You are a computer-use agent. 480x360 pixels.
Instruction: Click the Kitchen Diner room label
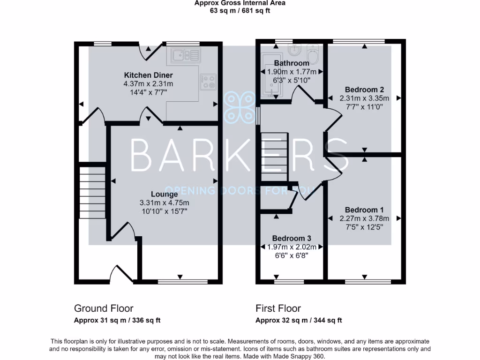pos(148,75)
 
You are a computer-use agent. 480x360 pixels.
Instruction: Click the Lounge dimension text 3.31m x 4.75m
pos(164,203)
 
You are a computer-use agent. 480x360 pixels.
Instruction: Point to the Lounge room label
pos(164,194)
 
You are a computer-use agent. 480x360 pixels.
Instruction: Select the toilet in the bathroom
pos(313,54)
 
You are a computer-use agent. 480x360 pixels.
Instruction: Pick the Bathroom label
pos(291,63)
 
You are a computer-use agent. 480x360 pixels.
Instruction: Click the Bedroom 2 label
pos(364,90)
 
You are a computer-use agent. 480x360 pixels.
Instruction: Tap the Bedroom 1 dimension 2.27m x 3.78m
pos(364,218)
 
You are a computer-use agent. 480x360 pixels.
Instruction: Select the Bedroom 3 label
pos(291,238)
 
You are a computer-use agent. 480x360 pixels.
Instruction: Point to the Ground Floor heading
pos(104,308)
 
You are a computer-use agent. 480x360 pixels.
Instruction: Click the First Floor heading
pos(278,308)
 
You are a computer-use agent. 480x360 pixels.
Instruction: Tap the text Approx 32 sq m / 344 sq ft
pos(299,321)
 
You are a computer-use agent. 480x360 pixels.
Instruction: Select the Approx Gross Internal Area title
pos(240,3)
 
